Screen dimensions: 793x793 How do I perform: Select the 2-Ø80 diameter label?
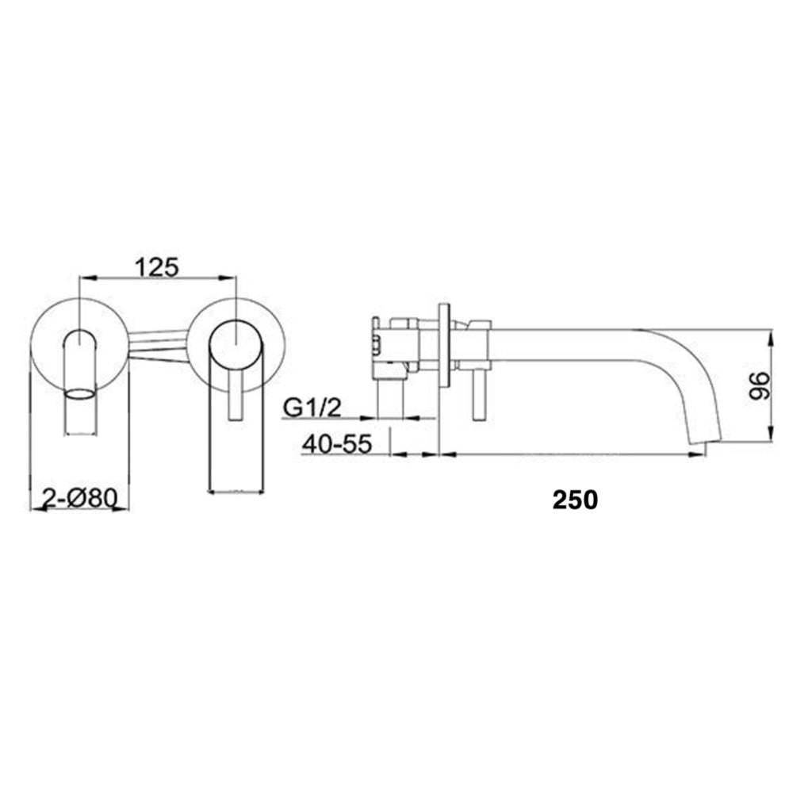[x=79, y=499]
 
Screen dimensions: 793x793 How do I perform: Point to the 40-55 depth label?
[x=336, y=446]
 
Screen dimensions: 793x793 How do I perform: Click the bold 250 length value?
[x=575, y=500]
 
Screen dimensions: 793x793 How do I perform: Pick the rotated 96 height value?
[x=759, y=387]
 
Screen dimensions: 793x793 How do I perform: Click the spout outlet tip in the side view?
[x=703, y=440]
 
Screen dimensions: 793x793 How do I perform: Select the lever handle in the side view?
[x=479, y=396]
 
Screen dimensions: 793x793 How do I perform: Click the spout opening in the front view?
[x=79, y=393]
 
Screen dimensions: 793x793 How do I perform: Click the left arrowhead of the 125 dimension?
[x=86, y=278]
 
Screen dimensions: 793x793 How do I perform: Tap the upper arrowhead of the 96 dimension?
[x=770, y=334]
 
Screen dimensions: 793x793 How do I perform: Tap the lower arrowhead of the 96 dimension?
[x=770, y=437]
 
